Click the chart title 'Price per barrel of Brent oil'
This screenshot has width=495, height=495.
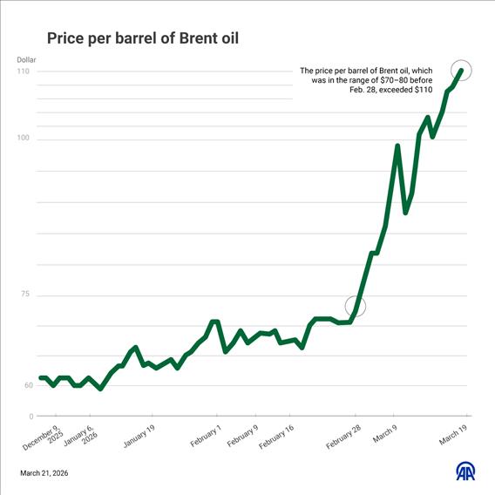point(142,38)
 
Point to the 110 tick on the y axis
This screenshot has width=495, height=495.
point(24,71)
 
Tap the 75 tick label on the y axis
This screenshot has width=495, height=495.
point(25,295)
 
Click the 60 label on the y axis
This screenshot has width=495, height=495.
point(28,385)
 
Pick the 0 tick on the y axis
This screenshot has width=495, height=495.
point(31,417)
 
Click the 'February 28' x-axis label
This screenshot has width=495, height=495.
point(343,436)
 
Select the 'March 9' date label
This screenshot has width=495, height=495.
point(384,433)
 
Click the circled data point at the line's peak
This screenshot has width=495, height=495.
point(462,71)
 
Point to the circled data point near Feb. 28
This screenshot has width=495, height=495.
point(356,306)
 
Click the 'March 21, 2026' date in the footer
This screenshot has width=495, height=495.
point(44,473)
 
